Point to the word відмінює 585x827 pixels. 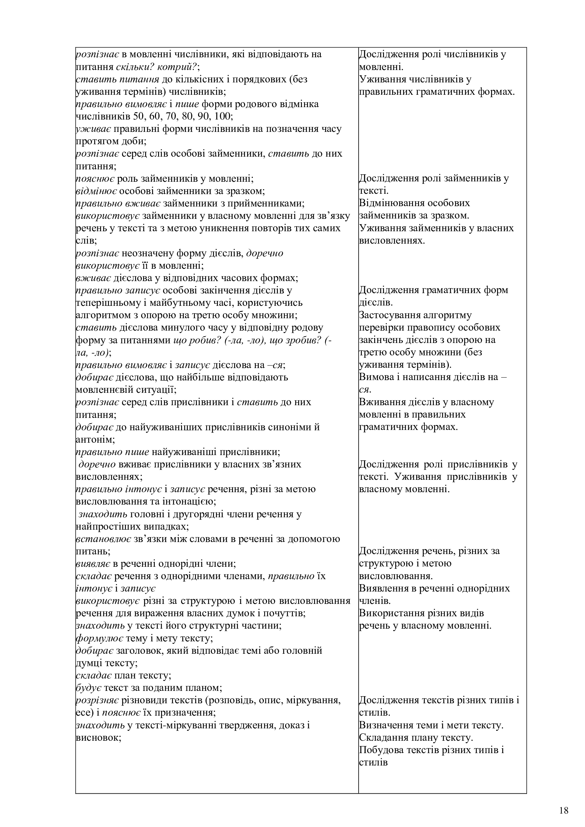click(96, 191)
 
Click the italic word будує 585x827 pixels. click(88, 688)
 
